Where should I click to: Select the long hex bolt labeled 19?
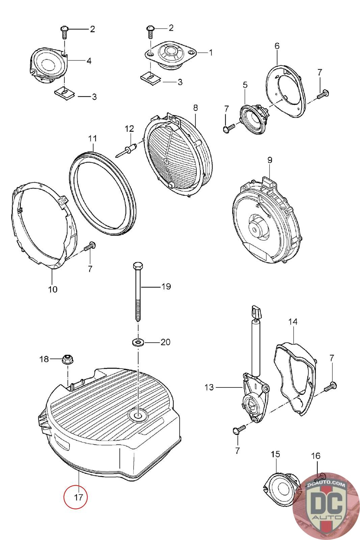[x=138, y=291]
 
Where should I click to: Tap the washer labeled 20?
[x=138, y=342]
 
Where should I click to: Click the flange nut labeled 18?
[x=68, y=359]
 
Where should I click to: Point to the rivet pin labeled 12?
[x=126, y=150]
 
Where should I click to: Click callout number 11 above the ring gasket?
[x=92, y=138]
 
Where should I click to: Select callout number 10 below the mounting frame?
[x=53, y=289]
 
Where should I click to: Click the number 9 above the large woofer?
[x=270, y=160]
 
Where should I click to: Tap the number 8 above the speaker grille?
[x=195, y=108]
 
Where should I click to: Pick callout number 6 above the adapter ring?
[x=277, y=46]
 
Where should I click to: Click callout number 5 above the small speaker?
[x=245, y=85]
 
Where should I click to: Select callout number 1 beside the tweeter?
[x=211, y=53]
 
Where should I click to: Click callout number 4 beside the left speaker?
[x=89, y=61]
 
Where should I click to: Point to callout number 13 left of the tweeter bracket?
[x=209, y=387]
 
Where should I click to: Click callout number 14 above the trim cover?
[x=293, y=322]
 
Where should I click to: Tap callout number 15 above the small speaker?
[x=275, y=454]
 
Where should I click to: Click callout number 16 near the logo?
[x=316, y=456]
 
